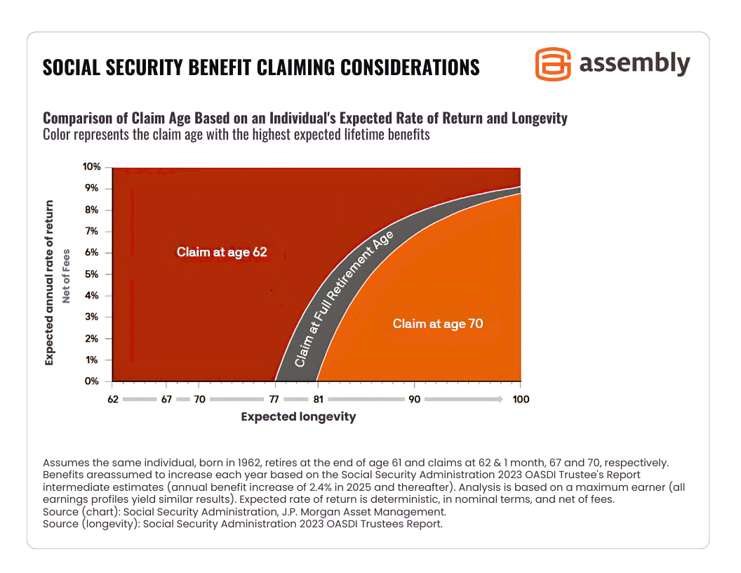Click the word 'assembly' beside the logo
pos(634,63)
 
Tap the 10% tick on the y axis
pos(93,167)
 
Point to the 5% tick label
pos(93,274)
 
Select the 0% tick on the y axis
pos(93,381)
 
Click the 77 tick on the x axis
pos(276,399)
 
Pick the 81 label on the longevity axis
pos(317,399)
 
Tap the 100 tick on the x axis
pos(520,399)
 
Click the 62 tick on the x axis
pos(112,399)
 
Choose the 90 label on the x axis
pos(413,399)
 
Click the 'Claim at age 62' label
pos(222,252)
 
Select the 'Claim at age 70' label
pos(438,324)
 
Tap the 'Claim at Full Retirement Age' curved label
pos(344,298)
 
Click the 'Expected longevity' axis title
pos(298,417)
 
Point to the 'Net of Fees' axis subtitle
pos(67,275)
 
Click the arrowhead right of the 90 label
pos(499,399)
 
